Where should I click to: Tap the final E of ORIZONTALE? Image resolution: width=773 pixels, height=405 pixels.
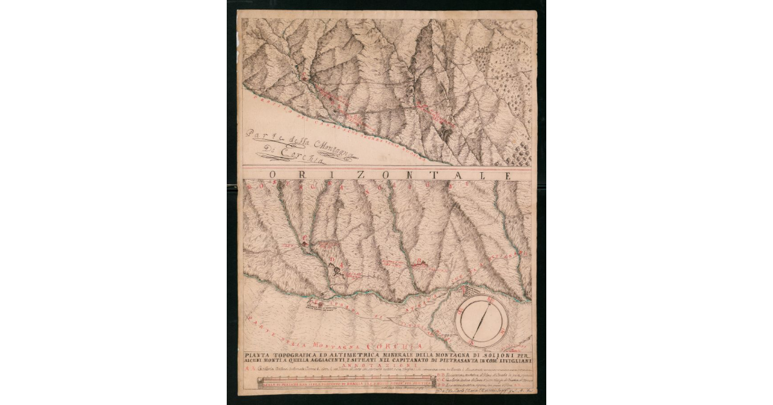[508, 175]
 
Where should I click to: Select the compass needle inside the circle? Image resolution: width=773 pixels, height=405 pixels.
[482, 321]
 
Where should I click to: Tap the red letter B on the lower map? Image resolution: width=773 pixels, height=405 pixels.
[421, 261]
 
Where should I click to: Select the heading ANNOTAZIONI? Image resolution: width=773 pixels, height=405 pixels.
[387, 364]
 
